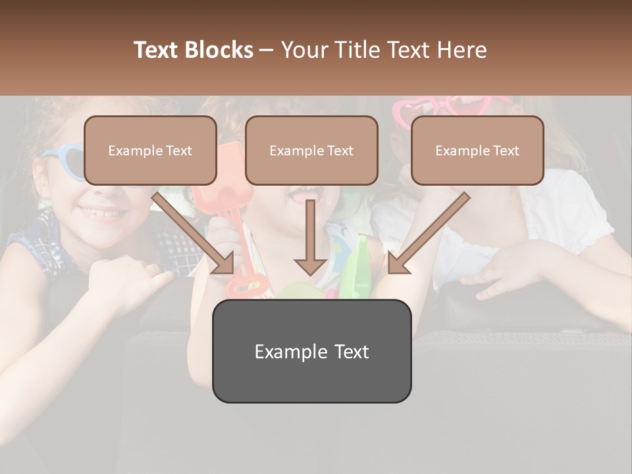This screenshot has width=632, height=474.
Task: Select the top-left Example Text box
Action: coord(150,150)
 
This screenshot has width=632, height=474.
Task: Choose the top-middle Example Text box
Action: coord(311,150)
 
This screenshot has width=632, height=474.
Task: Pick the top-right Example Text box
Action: coord(477,150)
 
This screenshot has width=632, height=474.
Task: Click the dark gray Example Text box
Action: coord(311,351)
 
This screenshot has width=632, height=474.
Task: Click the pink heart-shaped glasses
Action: coord(454,105)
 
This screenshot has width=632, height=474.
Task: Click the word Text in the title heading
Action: coord(159,50)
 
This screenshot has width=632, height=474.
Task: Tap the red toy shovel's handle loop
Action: coord(245,286)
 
